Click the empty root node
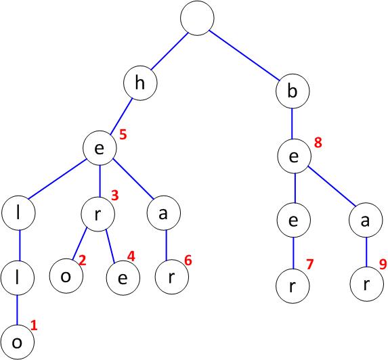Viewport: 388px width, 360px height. (x=197, y=18)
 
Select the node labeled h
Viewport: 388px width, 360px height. (x=140, y=83)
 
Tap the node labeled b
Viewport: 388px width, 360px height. (x=293, y=91)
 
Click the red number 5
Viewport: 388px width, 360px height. (x=123, y=135)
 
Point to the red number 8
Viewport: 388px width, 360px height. (x=318, y=143)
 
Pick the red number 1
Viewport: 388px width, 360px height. (x=34, y=325)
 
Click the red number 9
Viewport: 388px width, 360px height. (x=383, y=264)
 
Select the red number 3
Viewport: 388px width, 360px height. (x=115, y=196)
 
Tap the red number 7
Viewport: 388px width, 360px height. (x=310, y=265)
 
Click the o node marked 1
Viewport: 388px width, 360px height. (x=17, y=342)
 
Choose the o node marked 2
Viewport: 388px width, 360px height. (x=66, y=276)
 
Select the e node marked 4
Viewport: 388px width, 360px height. (x=123, y=278)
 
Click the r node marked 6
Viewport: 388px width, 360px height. (x=172, y=277)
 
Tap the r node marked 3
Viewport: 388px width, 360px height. (x=98, y=214)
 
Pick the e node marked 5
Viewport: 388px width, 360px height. (x=100, y=148)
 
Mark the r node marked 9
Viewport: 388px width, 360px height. (x=367, y=284)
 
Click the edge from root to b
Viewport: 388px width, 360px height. (x=244, y=56)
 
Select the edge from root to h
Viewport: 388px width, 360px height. (x=169, y=51)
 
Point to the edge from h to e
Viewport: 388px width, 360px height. (x=121, y=116)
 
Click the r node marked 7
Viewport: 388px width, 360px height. (x=293, y=286)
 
